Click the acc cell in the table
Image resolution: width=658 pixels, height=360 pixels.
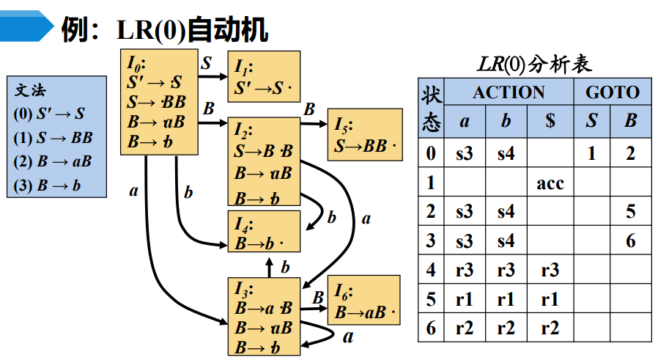(x=550, y=183)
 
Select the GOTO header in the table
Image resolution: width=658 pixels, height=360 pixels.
(x=613, y=92)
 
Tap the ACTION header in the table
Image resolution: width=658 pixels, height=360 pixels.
(x=509, y=92)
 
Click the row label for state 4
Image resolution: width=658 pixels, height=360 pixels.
(x=431, y=270)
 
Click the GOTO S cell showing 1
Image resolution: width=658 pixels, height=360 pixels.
(x=591, y=153)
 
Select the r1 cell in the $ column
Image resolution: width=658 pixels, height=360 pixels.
(x=550, y=299)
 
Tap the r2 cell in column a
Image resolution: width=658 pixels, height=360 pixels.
(x=464, y=328)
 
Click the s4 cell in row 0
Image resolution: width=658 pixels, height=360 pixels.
(x=506, y=153)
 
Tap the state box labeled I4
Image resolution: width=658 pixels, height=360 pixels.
(x=263, y=233)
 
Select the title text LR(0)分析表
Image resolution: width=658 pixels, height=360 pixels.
(x=534, y=64)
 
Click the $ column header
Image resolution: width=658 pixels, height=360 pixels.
(x=550, y=122)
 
